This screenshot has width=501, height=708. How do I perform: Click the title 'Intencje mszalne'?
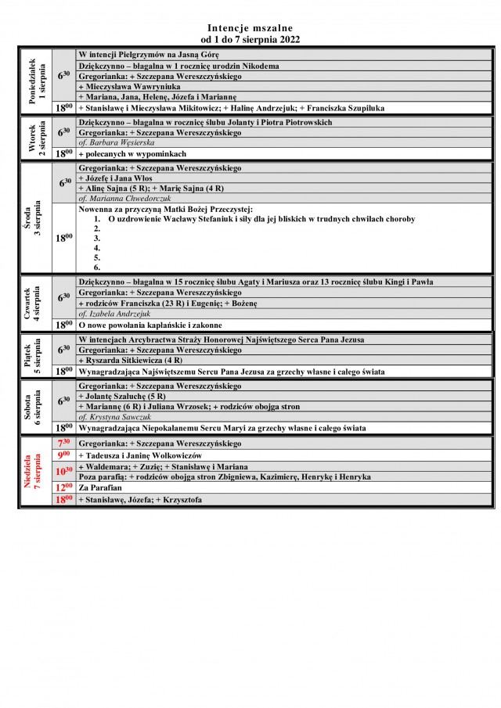pos(250,27)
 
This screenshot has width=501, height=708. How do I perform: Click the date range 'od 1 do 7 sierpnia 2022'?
pos(250,38)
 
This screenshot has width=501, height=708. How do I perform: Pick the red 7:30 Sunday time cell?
pos(64,444)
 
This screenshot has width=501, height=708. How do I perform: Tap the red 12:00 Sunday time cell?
pos(64,487)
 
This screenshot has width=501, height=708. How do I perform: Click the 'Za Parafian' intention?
pos(99,487)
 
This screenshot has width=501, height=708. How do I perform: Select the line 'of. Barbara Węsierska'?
pos(117,143)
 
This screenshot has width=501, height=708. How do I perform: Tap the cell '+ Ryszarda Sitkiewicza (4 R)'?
pos(131,360)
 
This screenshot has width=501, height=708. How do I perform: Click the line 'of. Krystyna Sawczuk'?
pos(115,417)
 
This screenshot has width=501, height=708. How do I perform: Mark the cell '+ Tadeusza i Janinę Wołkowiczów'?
pos(140,455)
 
